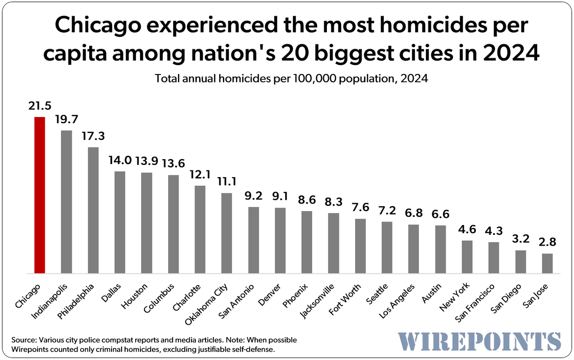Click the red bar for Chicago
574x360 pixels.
39,195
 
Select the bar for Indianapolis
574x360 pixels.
66,202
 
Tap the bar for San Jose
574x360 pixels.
547,263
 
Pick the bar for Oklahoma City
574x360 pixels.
227,233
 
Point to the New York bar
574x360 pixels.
467,256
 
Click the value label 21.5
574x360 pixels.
39,106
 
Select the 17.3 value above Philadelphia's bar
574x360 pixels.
93,136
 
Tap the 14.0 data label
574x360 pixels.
120,160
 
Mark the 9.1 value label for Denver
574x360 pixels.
280,196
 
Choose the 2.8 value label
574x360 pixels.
547,242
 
